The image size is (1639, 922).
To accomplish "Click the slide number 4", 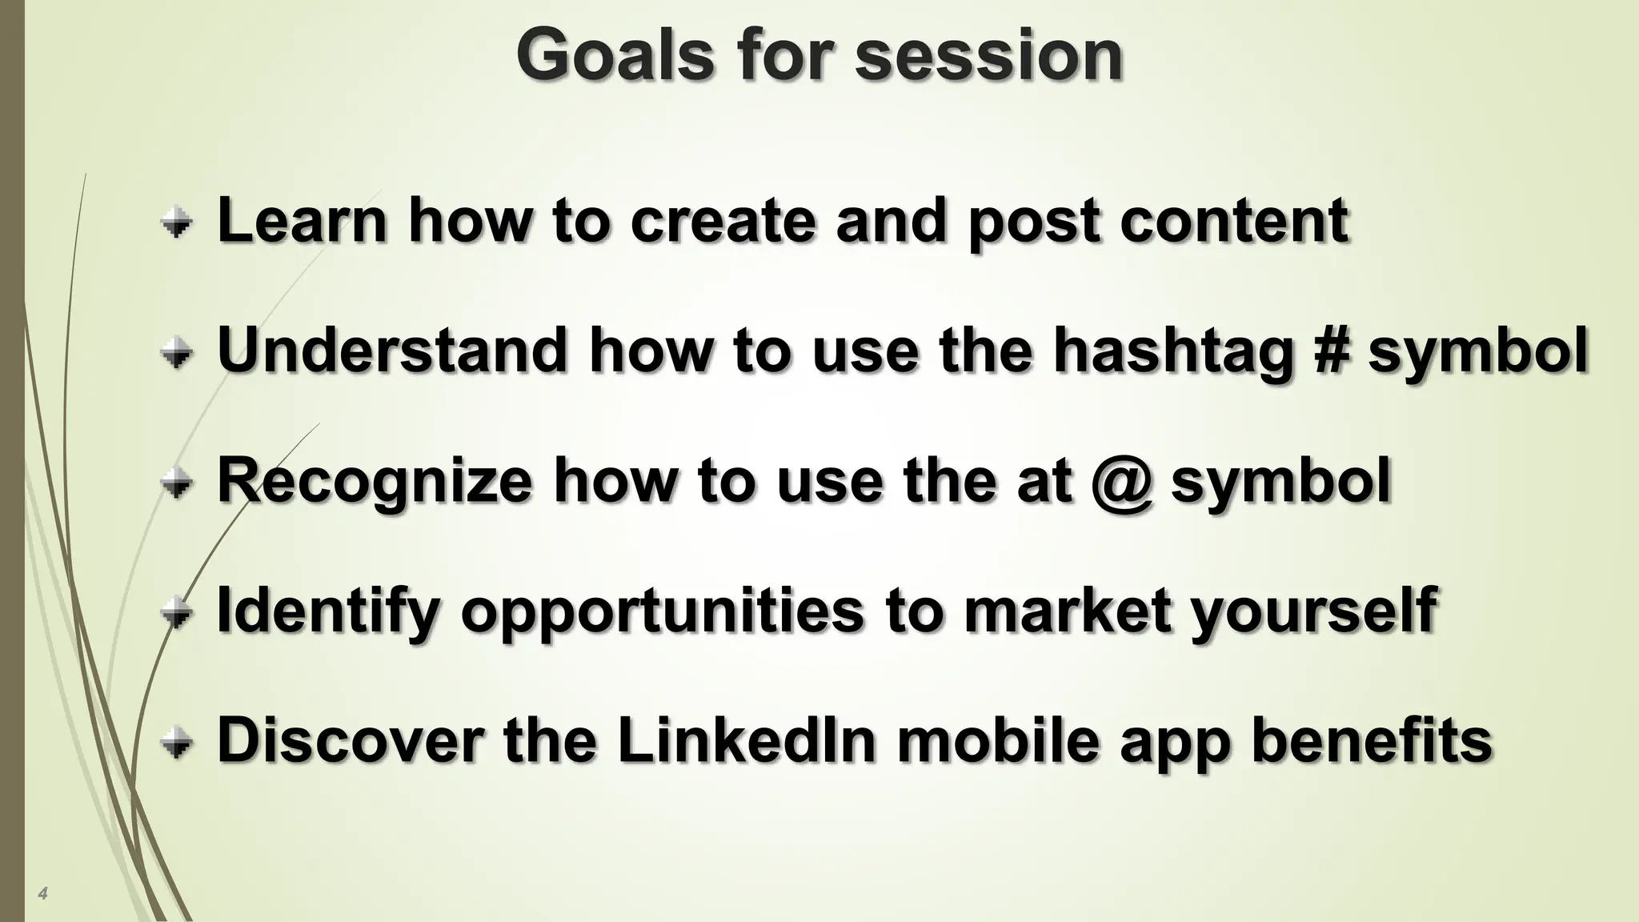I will click(x=42, y=893).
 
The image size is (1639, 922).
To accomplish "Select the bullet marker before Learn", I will click(x=176, y=223).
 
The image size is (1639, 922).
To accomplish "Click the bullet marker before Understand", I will click(x=176, y=353).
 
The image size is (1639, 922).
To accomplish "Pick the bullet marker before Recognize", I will click(x=176, y=483).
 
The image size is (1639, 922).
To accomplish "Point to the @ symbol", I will click(x=1122, y=482).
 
